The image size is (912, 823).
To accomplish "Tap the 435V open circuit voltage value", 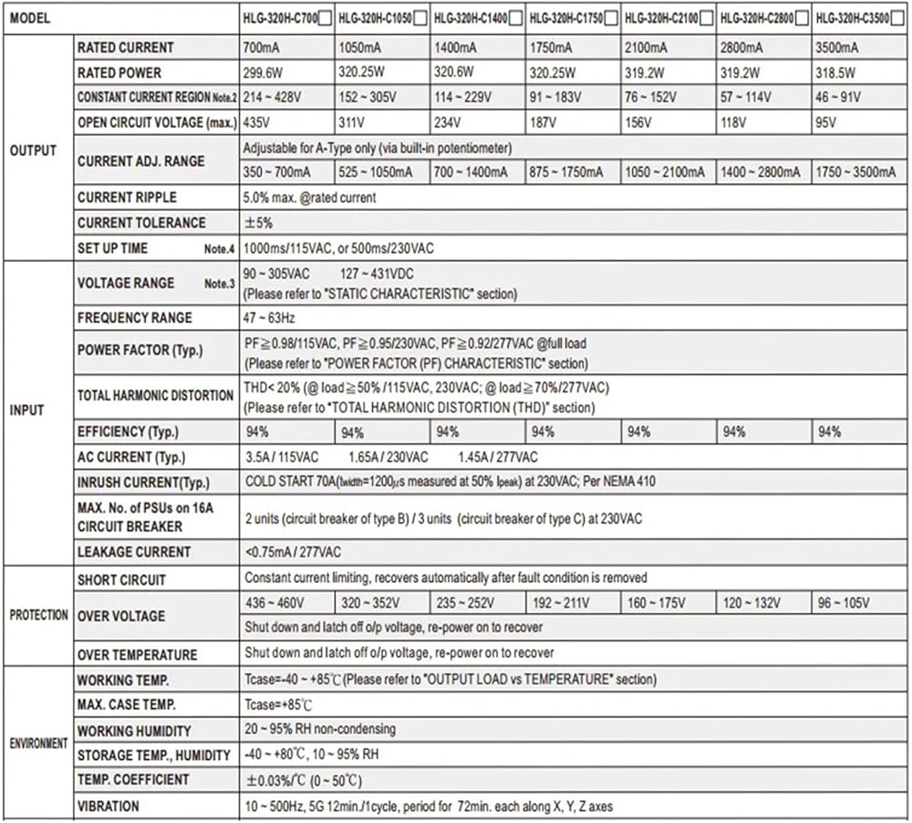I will pos(257,122).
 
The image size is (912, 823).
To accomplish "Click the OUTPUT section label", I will pos(33,150).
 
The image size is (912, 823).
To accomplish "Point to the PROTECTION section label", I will pos(38,615).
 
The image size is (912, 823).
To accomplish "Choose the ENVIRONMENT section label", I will pos(38,743).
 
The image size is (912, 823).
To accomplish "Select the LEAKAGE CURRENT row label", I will pos(134,552).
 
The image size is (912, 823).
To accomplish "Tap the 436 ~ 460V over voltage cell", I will pos(275,603).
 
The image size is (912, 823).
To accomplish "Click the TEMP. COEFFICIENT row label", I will pos(133,780).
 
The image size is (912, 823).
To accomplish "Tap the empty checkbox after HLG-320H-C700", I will pos(324,17).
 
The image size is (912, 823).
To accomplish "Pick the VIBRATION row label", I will pos(109,807).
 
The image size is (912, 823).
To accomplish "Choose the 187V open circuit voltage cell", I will pos(544,122).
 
